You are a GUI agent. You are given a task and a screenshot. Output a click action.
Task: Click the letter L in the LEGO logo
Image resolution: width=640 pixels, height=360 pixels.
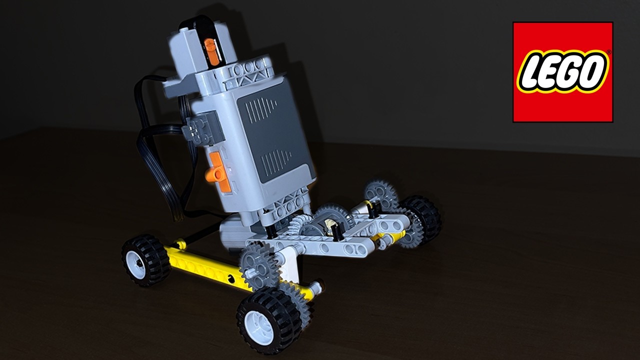[531, 73]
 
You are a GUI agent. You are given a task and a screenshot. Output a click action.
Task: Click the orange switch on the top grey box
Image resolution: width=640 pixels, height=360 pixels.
[212, 52]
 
